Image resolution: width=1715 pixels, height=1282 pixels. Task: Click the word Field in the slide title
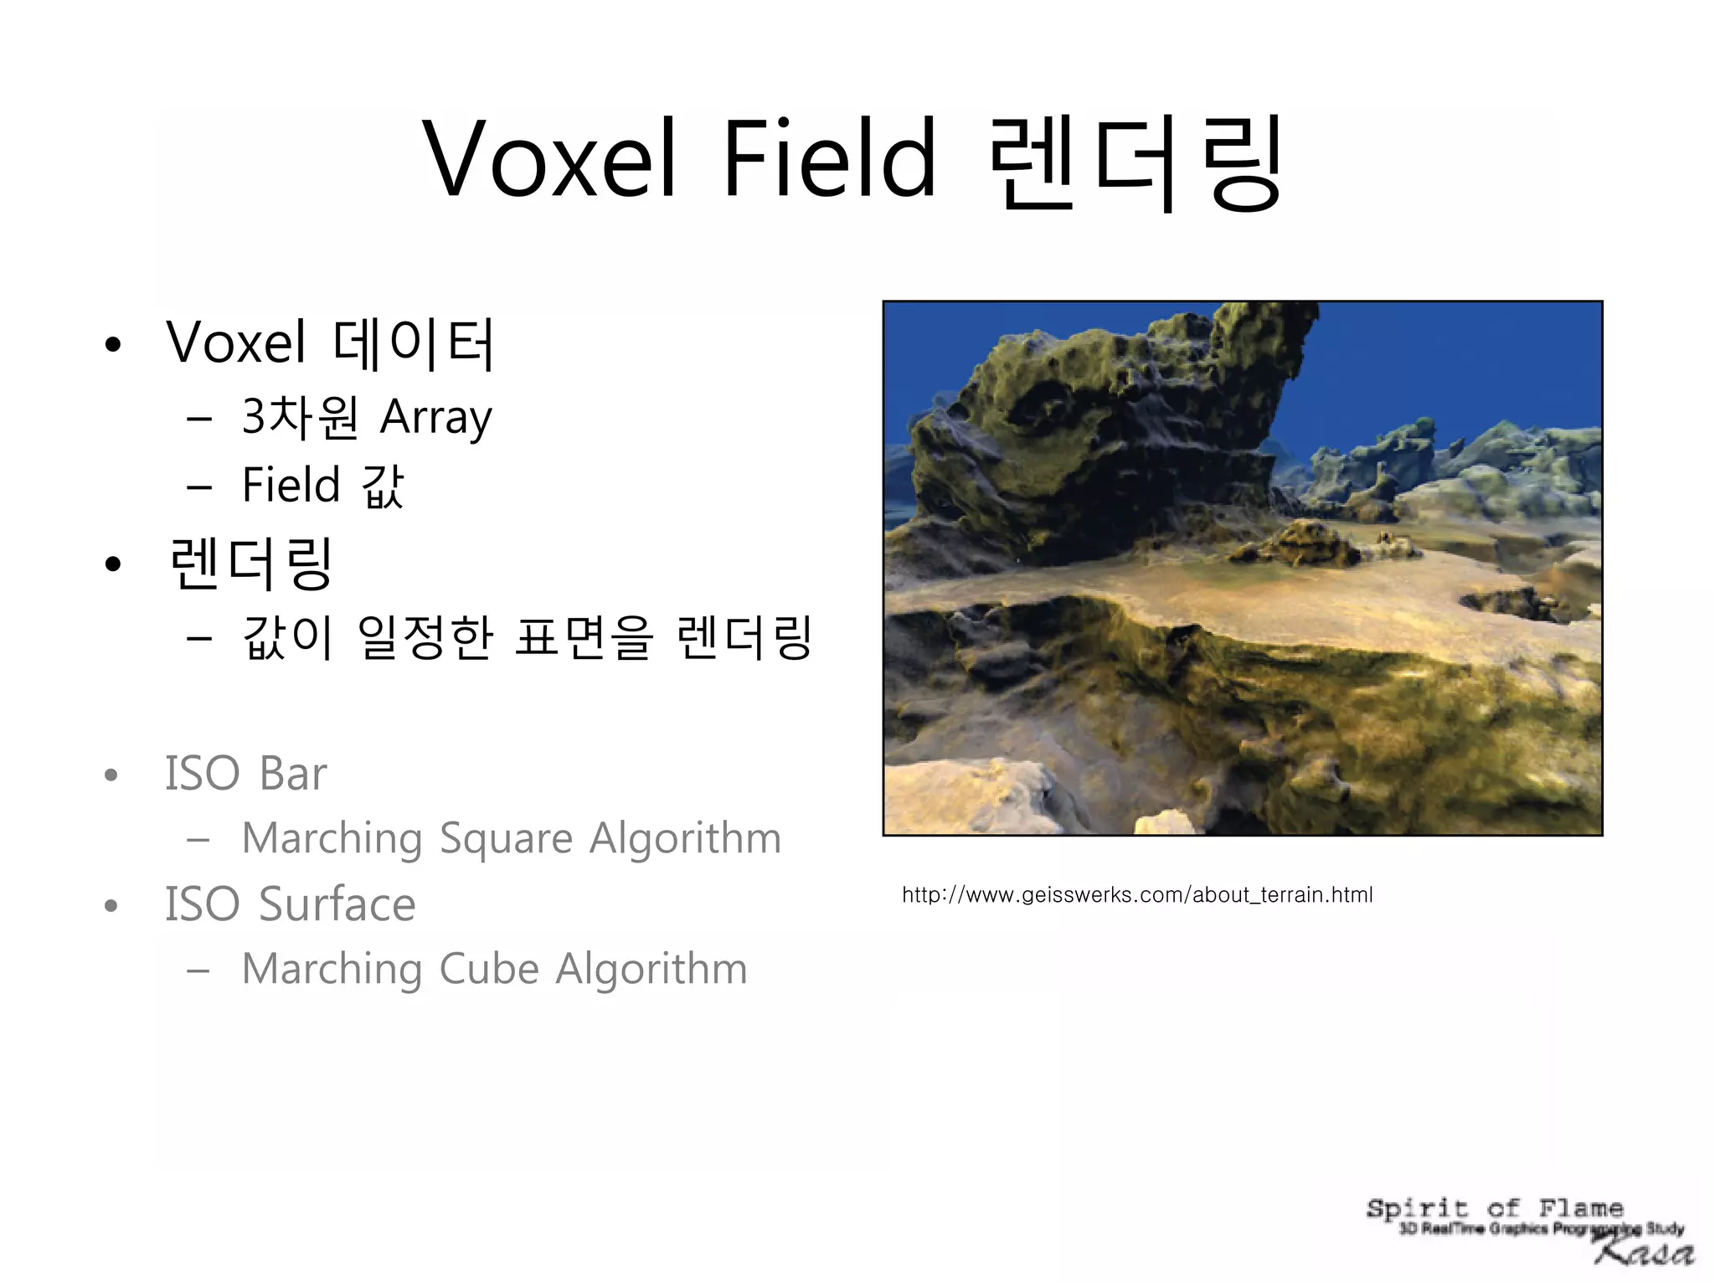[829, 159]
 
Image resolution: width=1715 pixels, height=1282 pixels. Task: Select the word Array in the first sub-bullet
[435, 418]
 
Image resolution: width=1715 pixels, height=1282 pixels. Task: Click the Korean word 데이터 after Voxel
[414, 343]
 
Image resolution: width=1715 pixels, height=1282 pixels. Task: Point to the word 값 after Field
[384, 486]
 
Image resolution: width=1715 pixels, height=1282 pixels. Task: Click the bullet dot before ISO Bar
[111, 775]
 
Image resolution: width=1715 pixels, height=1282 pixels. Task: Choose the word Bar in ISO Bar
[293, 773]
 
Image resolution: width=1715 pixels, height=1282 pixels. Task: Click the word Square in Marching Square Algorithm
[506, 838]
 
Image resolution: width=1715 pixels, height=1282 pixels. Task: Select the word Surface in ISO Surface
[337, 904]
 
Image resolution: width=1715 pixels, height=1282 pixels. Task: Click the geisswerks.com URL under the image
[1137, 895]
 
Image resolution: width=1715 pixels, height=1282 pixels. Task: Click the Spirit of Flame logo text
[1495, 1208]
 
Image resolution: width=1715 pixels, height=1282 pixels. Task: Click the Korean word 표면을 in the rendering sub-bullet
[583, 638]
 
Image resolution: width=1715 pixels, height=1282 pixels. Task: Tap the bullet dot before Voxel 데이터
[113, 344]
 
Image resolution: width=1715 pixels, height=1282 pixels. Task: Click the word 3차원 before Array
[300, 417]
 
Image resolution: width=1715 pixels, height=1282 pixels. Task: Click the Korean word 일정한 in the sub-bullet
[425, 638]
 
